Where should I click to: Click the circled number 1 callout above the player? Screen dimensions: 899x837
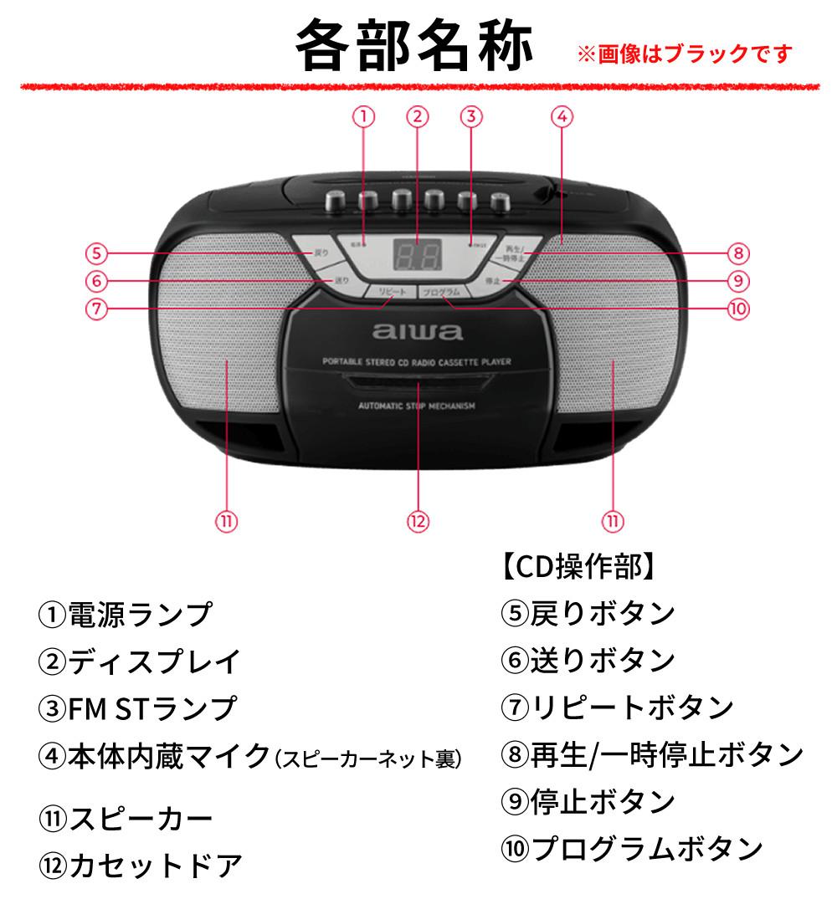[x=363, y=117]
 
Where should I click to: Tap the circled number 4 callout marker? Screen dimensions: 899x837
[x=562, y=117]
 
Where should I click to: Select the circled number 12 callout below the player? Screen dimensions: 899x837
[x=418, y=520]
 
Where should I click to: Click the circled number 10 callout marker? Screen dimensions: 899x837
[x=737, y=308]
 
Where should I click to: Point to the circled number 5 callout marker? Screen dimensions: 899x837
[x=98, y=253]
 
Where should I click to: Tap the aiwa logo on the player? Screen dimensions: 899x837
[x=418, y=332]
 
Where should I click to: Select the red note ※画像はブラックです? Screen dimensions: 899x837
[x=685, y=55]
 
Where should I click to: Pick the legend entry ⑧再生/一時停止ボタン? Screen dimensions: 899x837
[x=652, y=755]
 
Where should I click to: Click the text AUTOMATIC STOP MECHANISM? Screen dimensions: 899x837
[x=416, y=406]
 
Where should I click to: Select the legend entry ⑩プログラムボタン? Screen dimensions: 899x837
[x=632, y=849]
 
